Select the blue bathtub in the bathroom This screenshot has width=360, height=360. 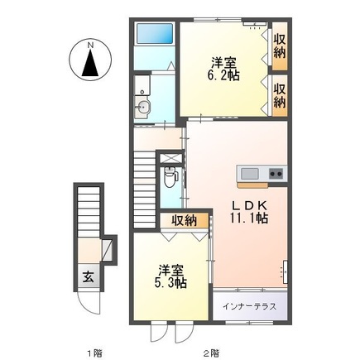[x=154, y=35]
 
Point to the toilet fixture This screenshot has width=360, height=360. [x=170, y=175]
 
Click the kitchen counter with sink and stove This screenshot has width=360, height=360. [x=261, y=174]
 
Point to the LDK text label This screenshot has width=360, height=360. [x=248, y=203]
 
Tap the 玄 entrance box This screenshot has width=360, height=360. [x=87, y=277]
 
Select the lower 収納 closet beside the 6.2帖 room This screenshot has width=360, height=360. [x=279, y=95]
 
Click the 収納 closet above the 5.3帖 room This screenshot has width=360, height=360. [x=184, y=220]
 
